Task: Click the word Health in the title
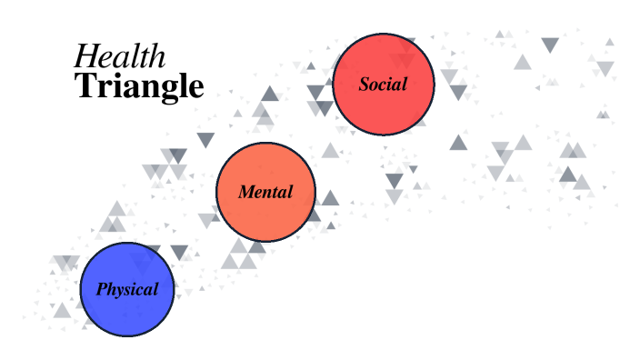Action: [x=120, y=56]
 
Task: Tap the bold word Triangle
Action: [x=139, y=86]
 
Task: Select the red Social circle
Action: [x=384, y=85]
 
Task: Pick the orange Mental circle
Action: [x=265, y=192]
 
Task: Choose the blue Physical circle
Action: [x=126, y=290]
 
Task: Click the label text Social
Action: [x=384, y=85]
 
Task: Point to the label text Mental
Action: [x=265, y=193]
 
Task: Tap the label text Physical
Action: [x=126, y=291]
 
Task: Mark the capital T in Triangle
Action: [x=85, y=86]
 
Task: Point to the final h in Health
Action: [x=159, y=56]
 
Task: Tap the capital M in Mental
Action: [x=246, y=193]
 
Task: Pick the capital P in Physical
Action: [x=102, y=291]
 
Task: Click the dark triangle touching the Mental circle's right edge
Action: [x=330, y=198]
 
